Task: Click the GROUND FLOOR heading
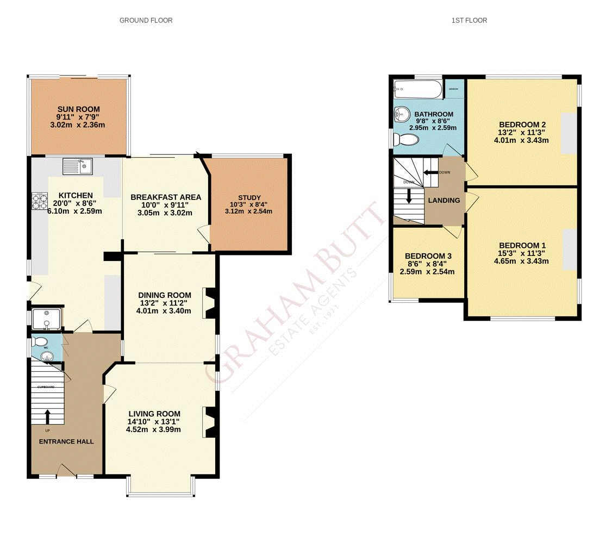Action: click(146, 20)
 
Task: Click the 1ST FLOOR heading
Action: click(468, 20)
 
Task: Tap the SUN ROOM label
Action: click(79, 108)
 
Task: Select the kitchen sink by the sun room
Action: click(78, 165)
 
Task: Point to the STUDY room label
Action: click(249, 197)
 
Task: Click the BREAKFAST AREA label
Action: click(165, 197)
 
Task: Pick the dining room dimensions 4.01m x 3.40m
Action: click(164, 311)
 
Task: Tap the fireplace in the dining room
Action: click(210, 303)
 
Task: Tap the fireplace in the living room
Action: click(210, 422)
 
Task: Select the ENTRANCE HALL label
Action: click(66, 441)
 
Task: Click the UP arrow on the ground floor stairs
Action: click(47, 416)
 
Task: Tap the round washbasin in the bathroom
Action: click(402, 114)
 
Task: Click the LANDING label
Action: click(444, 201)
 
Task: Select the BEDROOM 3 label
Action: click(428, 255)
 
